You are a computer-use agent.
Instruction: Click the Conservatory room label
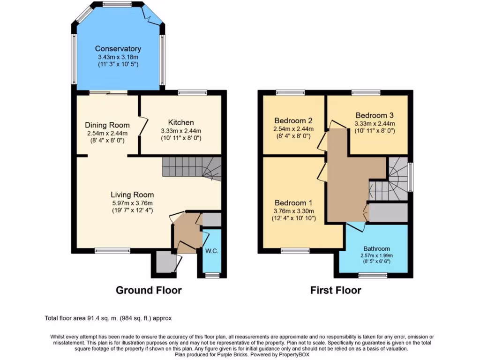118,49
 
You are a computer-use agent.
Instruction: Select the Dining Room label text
107,125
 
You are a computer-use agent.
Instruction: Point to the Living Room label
132,195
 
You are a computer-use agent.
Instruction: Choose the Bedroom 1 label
293,203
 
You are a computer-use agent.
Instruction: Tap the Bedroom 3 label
375,115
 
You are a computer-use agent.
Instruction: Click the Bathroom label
377,248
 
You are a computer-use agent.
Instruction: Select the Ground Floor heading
149,290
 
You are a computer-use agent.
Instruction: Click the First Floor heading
336,290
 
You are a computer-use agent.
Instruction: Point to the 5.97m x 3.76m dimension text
132,203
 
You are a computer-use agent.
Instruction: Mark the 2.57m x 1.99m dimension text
377,255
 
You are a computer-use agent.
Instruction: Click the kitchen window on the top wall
192,93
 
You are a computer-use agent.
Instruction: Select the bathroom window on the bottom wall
373,276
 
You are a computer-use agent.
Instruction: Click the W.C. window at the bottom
212,276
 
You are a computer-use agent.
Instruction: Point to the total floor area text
108,318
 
